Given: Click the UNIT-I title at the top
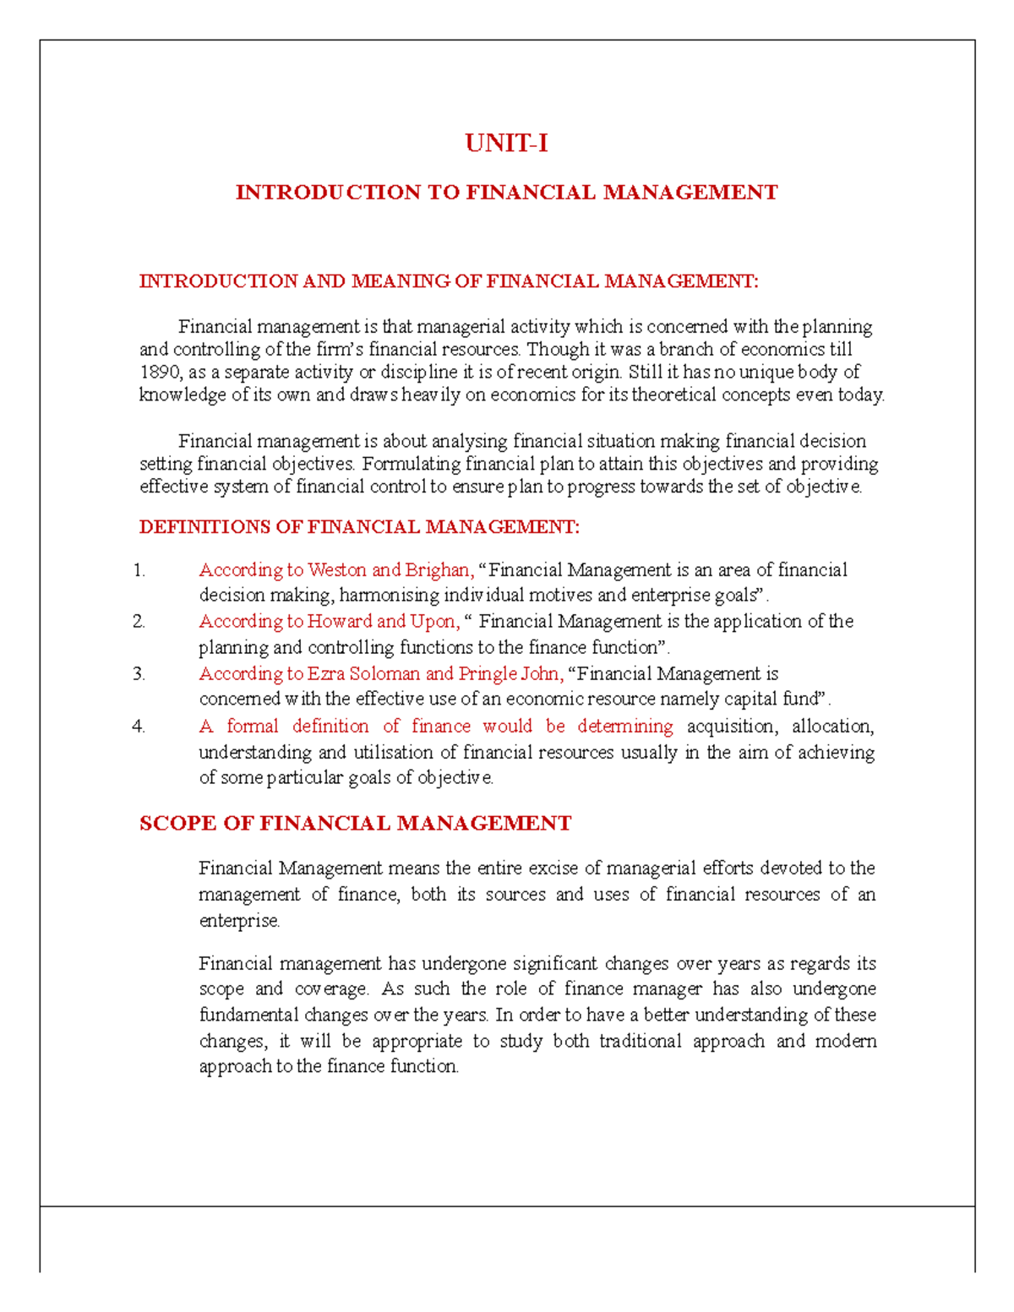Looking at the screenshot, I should (506, 144).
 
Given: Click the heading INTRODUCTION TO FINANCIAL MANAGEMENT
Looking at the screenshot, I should (506, 193).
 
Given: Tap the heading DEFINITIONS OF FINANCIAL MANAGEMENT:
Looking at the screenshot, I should (359, 527).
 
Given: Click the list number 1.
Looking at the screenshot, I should (139, 571).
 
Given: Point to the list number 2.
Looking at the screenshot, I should (139, 623).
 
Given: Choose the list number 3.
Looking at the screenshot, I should (139, 674).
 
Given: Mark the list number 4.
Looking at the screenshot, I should (139, 727).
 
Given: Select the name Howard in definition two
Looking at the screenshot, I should (338, 622).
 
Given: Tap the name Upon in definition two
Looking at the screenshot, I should (433, 622).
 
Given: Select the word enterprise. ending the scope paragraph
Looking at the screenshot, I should (239, 921).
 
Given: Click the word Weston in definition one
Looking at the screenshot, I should (336, 571).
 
